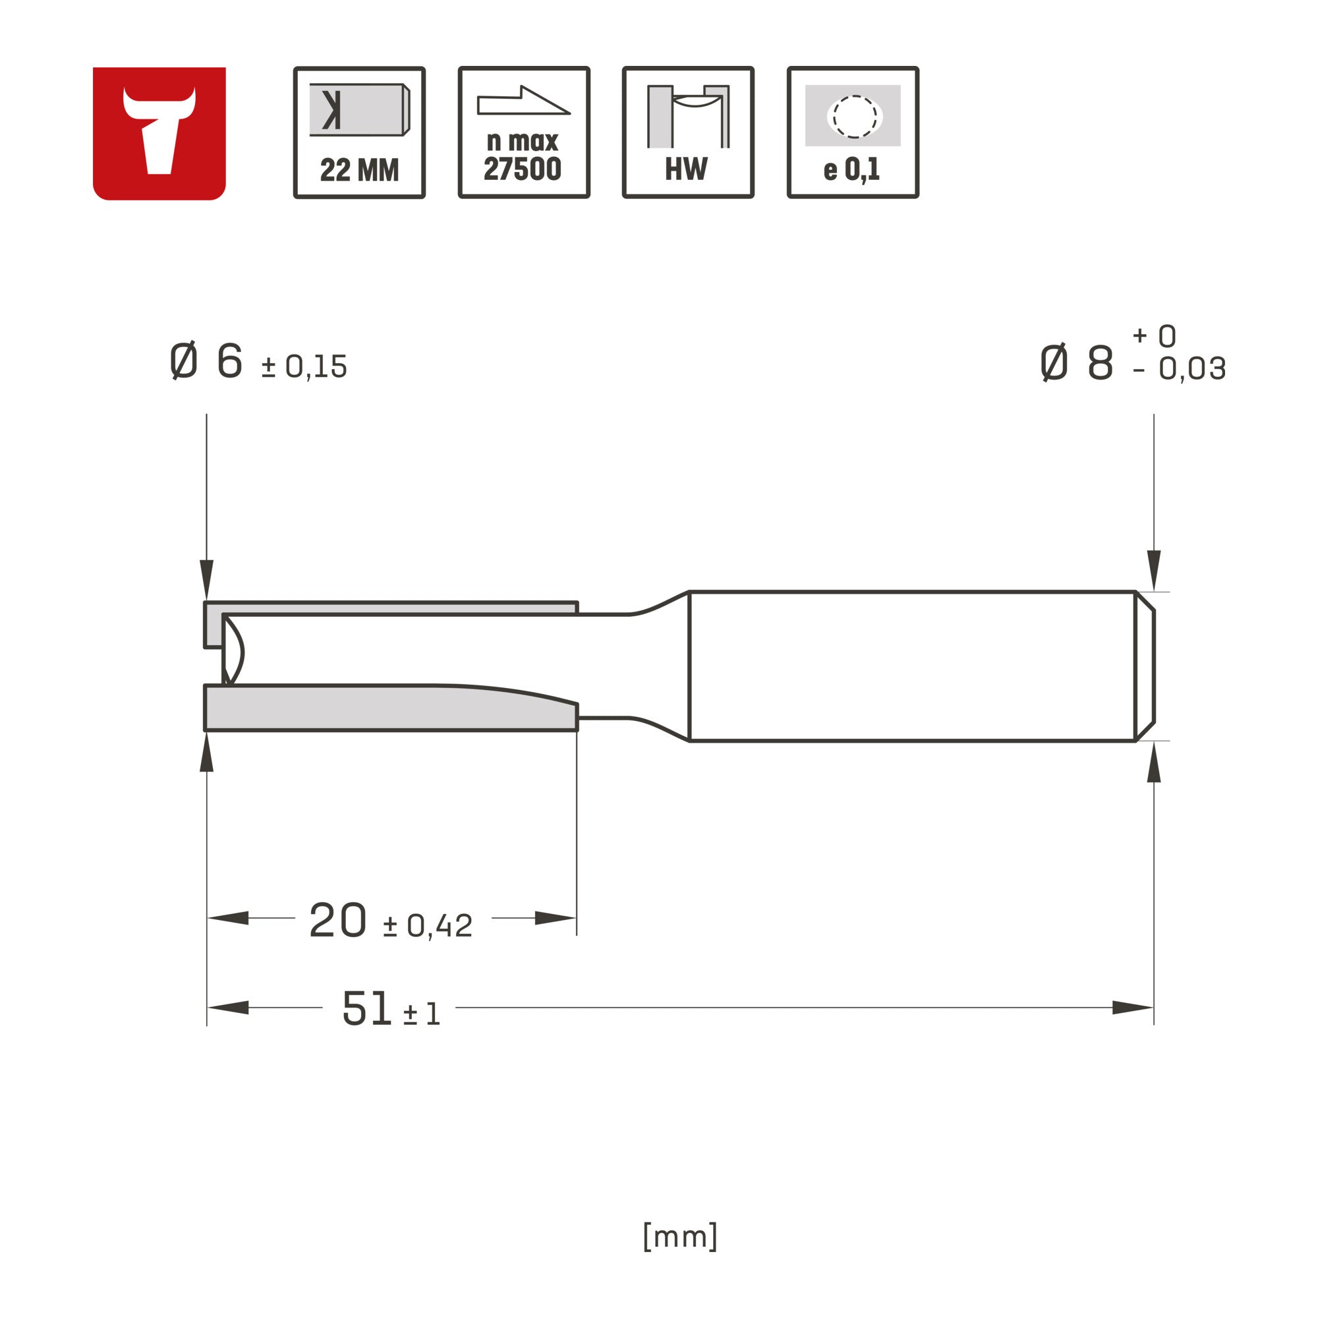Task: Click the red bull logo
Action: (159, 133)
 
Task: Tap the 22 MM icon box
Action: (360, 132)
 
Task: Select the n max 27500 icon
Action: (524, 132)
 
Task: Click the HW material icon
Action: (689, 132)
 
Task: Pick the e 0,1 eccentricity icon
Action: (853, 132)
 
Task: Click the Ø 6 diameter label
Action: (206, 361)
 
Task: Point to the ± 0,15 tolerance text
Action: (304, 367)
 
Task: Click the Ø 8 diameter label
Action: (1077, 362)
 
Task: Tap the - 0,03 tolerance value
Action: (1179, 369)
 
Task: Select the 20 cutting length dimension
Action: (337, 920)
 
